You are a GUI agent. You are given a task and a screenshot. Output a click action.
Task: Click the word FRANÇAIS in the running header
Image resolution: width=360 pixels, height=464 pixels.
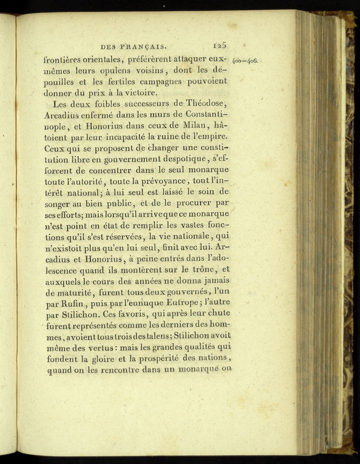[143, 46]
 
